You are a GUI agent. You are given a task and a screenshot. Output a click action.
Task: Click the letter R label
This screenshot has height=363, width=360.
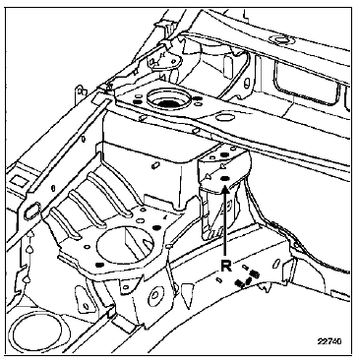click(x=226, y=266)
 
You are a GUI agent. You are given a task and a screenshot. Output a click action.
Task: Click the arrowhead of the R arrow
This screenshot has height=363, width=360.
click(x=225, y=189)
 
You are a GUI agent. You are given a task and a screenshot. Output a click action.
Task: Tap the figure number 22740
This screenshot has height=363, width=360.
click(x=330, y=341)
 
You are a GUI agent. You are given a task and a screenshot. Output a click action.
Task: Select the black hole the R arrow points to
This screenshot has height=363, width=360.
click(x=225, y=178)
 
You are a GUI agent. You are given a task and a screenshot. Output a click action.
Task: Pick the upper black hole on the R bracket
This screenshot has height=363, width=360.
click(x=224, y=155)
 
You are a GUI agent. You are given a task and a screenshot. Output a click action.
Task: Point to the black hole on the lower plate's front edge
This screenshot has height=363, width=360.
click(x=100, y=265)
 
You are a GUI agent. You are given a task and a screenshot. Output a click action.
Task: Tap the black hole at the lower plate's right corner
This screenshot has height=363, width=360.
click(x=156, y=227)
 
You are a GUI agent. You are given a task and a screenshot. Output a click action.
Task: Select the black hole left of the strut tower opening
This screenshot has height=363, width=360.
click(x=137, y=102)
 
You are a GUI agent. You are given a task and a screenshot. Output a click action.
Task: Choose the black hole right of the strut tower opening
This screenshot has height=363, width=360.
click(x=197, y=98)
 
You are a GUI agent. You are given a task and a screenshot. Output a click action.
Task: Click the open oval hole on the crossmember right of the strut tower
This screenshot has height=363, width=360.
click(x=223, y=116)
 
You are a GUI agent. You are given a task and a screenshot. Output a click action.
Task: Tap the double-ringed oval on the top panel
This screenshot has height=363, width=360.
click(x=278, y=40)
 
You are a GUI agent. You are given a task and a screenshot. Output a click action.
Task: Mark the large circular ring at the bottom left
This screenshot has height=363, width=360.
click(x=35, y=332)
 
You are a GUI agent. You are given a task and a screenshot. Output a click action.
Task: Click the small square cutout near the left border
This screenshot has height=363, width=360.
click(x=15, y=180)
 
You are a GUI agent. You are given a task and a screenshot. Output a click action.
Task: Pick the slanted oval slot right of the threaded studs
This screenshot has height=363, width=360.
click(x=276, y=264)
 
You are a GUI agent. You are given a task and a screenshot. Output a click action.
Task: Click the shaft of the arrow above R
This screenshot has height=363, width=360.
click(x=225, y=224)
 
